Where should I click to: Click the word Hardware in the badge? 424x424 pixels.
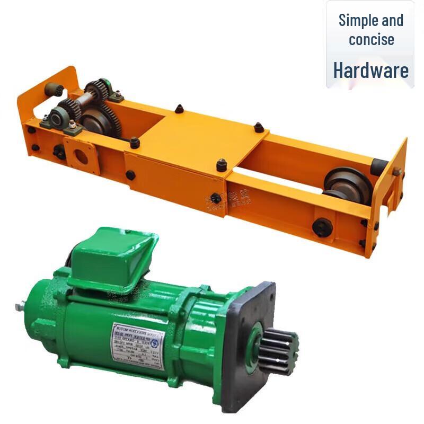point(371,70)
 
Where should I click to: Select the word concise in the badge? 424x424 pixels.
point(371,39)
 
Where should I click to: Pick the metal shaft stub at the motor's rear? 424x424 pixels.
point(22,306)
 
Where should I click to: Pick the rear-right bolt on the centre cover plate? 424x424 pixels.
point(258,127)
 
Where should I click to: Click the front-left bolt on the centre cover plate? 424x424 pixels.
point(135,142)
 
